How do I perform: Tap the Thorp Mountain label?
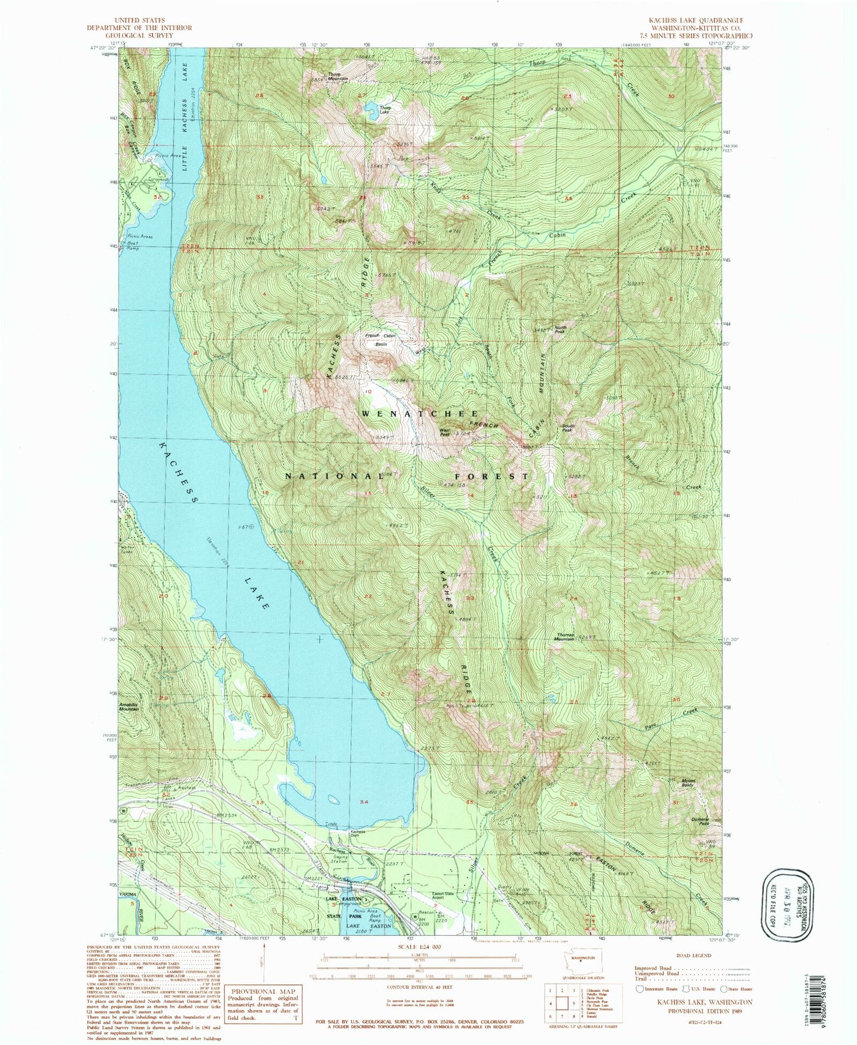coord(337,75)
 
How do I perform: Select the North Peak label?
coord(560,330)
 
